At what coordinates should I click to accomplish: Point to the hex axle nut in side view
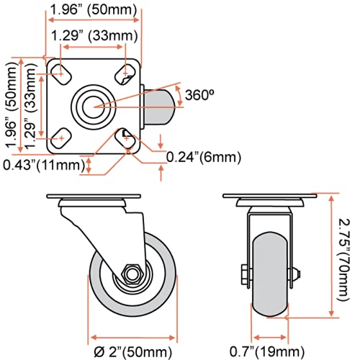[130, 274]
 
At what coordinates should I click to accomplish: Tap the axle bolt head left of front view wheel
[243, 274]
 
